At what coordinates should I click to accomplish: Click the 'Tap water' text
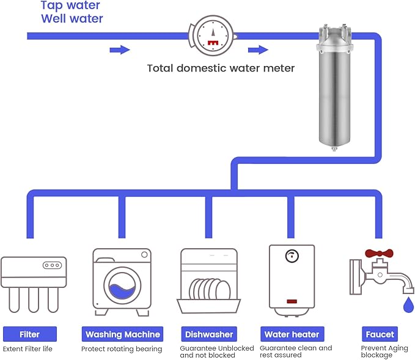pyautogui.click(x=70, y=6)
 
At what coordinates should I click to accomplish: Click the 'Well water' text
pyautogui.click(x=72, y=19)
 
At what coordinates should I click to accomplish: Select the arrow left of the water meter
pyautogui.click(x=120, y=50)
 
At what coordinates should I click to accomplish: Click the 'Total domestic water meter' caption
pyautogui.click(x=221, y=68)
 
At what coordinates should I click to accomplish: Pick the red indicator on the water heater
pyautogui.click(x=292, y=301)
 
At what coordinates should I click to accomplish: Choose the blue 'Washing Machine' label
pyautogui.click(x=123, y=334)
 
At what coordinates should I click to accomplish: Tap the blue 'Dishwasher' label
pyautogui.click(x=208, y=334)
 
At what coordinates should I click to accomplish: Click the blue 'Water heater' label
pyautogui.click(x=292, y=334)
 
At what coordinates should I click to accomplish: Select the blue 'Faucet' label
pyautogui.click(x=380, y=334)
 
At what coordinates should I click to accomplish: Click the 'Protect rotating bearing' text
pyautogui.click(x=122, y=349)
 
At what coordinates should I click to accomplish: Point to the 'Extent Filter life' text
pyautogui.click(x=28, y=349)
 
